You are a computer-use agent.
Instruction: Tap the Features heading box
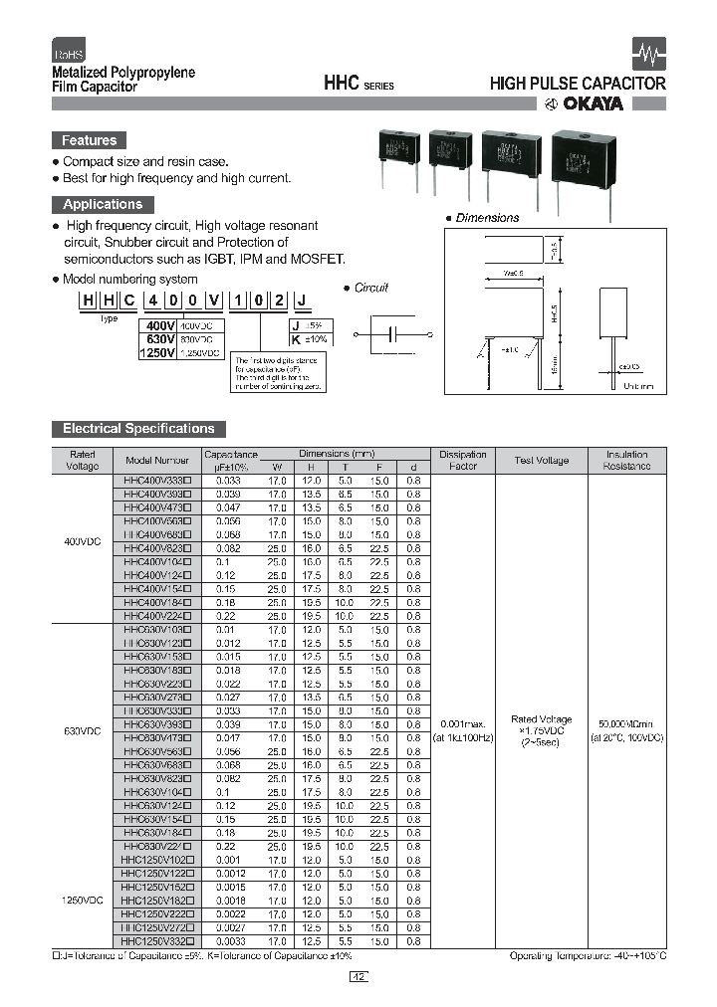pos(89,141)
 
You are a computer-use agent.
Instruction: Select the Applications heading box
pos(102,205)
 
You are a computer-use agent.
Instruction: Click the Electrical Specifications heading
pos(138,429)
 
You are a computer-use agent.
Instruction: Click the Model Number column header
pos(156,461)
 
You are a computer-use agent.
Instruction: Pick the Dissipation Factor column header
pos(462,460)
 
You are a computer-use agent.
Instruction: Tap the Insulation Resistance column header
pos(626,460)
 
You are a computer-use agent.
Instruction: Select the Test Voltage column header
pos(542,461)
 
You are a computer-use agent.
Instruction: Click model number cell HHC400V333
pos(156,480)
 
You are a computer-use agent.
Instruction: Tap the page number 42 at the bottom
pos(358,977)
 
